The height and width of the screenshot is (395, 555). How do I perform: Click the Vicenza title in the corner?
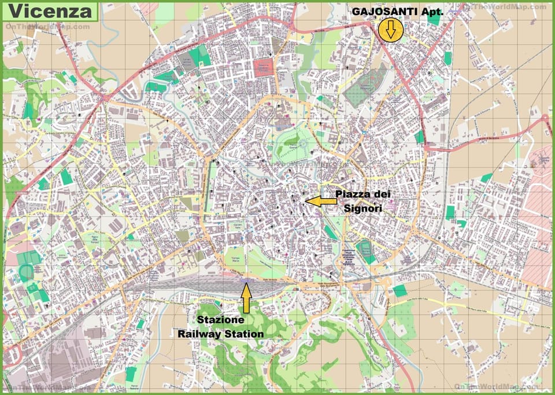pyautogui.click(x=51, y=11)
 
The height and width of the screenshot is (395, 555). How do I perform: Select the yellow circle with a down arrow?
pyautogui.click(x=391, y=30)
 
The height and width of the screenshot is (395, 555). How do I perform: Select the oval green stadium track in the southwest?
pyautogui.click(x=26, y=272)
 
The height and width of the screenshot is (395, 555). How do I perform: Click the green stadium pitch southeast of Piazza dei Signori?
pyautogui.click(x=365, y=250)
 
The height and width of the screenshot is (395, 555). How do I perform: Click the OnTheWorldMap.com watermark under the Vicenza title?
pyautogui.click(x=47, y=27)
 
